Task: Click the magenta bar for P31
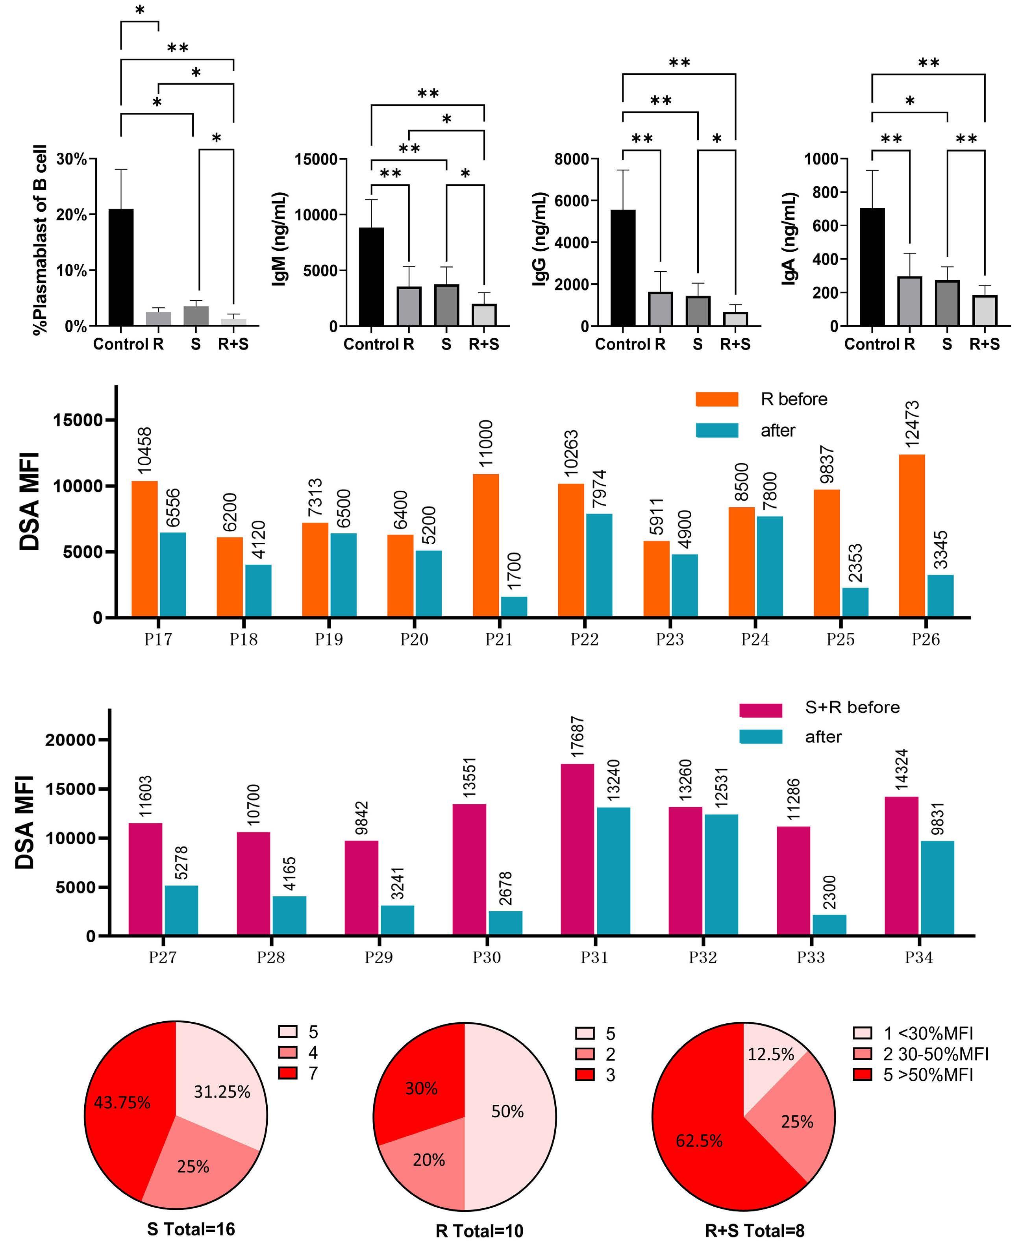pyautogui.click(x=576, y=849)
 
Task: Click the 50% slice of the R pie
pyautogui.click(x=508, y=1111)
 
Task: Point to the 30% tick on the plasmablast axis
pyautogui.click(x=71, y=159)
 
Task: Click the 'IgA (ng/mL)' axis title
pyautogui.click(x=789, y=239)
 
